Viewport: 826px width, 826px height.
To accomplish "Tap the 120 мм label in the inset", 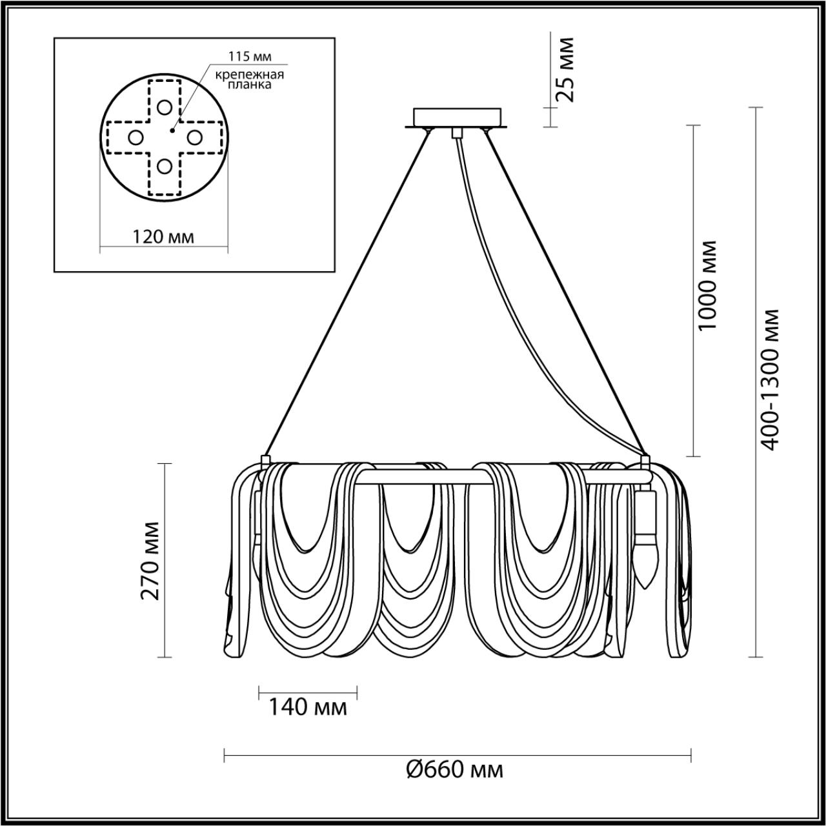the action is point(163,236).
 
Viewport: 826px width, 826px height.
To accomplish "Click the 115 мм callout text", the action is point(250,56).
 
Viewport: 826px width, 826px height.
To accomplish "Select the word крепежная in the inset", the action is point(250,75).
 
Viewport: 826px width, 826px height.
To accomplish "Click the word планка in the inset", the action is point(250,85).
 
